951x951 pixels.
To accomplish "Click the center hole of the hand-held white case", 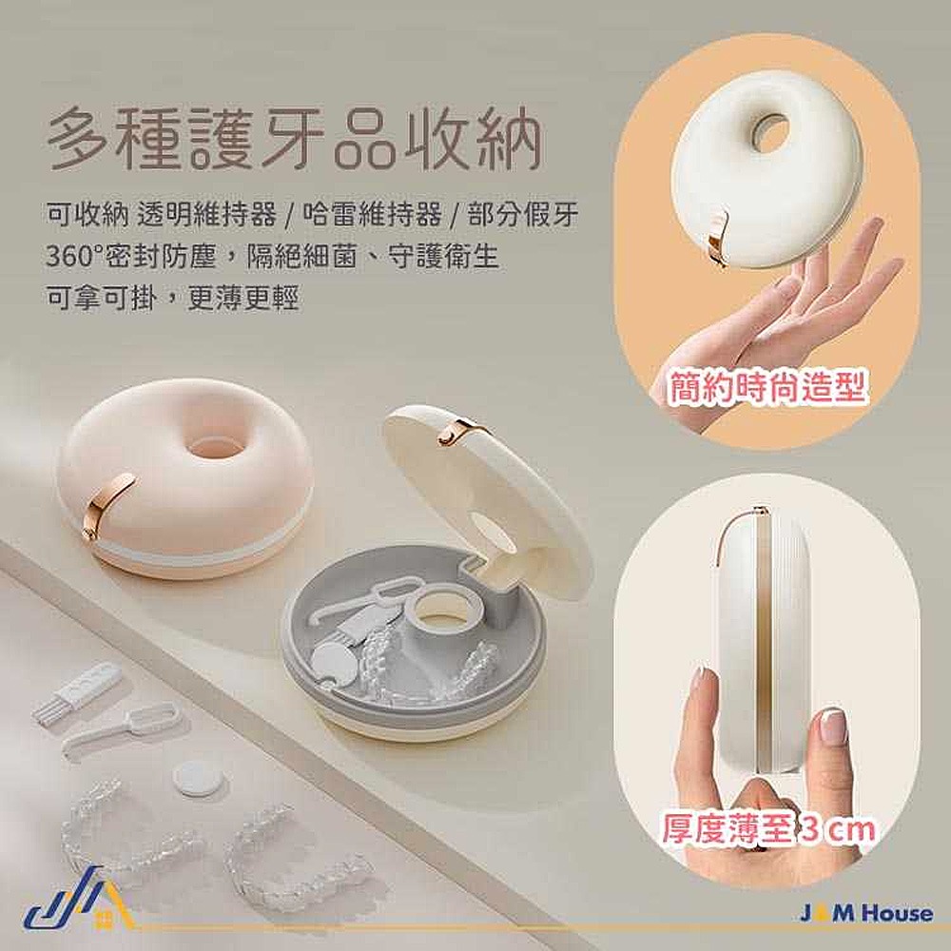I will tap(769, 132).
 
